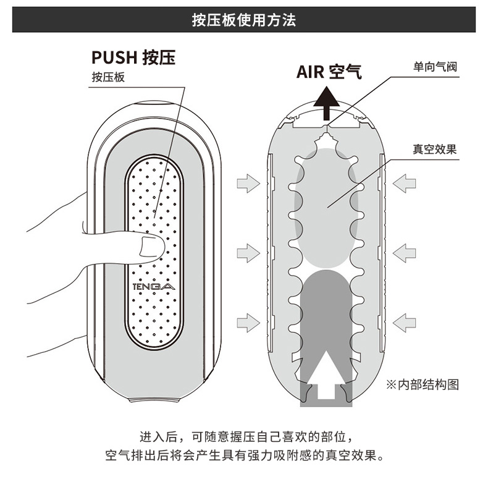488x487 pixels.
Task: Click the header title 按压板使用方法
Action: point(244,20)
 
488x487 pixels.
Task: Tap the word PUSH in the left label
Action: point(114,57)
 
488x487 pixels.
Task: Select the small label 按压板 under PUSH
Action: point(108,77)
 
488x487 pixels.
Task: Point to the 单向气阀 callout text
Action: point(435,66)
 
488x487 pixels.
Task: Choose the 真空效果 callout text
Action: point(435,149)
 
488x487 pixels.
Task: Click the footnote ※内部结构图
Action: point(423,384)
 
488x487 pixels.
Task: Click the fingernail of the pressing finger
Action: point(149,245)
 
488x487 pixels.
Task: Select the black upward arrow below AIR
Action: point(326,103)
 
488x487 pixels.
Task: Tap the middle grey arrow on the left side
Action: point(248,252)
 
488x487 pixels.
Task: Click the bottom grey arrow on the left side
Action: point(248,321)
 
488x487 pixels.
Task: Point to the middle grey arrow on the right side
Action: point(405,252)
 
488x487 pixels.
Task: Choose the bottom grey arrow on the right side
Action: point(405,321)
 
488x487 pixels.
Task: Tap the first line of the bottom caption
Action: point(245,438)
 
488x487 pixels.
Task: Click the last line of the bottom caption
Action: point(245,458)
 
